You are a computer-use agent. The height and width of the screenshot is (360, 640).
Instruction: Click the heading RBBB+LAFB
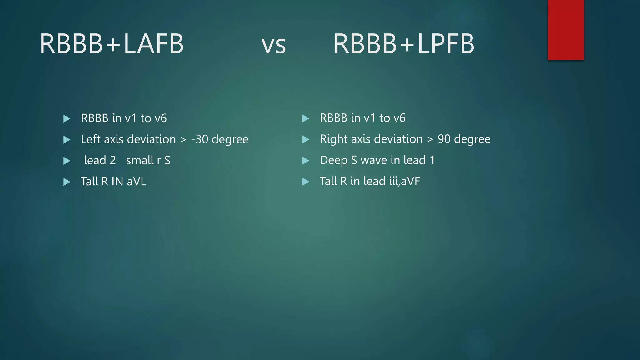(112, 43)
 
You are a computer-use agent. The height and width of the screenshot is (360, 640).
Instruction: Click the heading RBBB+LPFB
(404, 43)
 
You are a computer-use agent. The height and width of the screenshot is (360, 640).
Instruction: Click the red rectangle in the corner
(566, 30)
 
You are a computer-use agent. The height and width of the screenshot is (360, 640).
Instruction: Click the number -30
(199, 139)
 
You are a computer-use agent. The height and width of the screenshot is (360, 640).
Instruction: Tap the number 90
(444, 139)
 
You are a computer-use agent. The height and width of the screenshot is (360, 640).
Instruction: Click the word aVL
(136, 182)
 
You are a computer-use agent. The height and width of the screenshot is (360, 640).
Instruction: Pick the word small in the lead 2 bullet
(139, 160)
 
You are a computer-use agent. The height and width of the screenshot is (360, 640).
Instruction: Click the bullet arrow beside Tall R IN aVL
(67, 182)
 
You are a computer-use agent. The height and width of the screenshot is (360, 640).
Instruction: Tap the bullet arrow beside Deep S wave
(306, 161)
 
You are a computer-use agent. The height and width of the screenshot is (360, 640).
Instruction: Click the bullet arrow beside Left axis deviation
(67, 140)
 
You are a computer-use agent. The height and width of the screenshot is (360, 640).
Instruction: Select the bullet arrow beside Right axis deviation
(306, 139)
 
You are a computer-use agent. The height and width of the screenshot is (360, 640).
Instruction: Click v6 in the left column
(161, 118)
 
